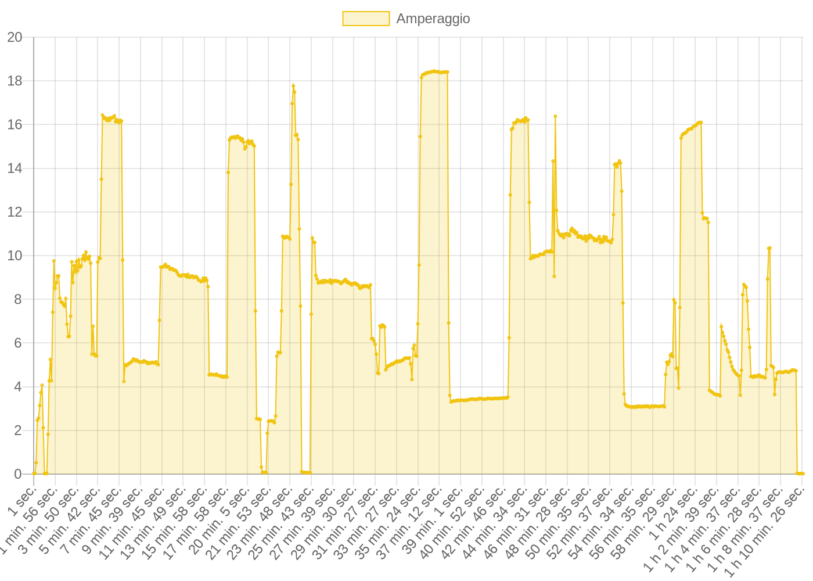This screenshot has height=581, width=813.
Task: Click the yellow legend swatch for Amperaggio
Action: (366, 19)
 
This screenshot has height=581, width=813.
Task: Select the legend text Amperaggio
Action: (433, 19)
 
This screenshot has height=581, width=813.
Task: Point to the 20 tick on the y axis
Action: (15, 37)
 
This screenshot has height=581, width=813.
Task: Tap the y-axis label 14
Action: (15, 168)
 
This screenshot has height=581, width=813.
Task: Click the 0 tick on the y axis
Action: (18, 474)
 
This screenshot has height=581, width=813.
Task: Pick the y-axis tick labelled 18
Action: (15, 81)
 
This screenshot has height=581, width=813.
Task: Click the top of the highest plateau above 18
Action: (434, 71)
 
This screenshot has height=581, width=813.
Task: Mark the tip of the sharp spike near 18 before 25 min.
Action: (293, 84)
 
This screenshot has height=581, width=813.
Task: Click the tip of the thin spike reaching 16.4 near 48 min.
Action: (555, 116)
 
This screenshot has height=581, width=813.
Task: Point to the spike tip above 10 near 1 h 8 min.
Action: (769, 248)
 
